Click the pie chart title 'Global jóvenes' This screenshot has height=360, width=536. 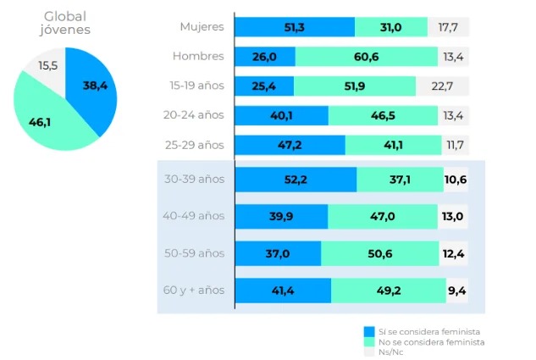pyautogui.click(x=64, y=23)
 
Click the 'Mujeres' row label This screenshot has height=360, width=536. pyautogui.click(x=202, y=26)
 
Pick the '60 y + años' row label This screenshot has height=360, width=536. pyautogui.click(x=193, y=290)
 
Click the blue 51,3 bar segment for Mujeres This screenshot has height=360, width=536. pyautogui.click(x=294, y=27)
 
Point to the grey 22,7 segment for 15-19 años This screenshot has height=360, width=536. pyautogui.click(x=441, y=86)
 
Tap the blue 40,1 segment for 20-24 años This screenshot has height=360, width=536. pyautogui.click(x=281, y=115)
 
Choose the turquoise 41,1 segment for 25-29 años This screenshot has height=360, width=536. pyautogui.click(x=392, y=145)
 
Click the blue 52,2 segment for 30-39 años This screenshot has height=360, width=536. pyautogui.click(x=295, y=180)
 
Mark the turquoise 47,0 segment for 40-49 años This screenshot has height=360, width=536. pyautogui.click(x=382, y=216)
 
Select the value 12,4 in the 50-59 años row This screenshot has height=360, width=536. pyautogui.click(x=452, y=253)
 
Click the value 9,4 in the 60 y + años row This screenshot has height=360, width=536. pyautogui.click(x=456, y=291)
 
